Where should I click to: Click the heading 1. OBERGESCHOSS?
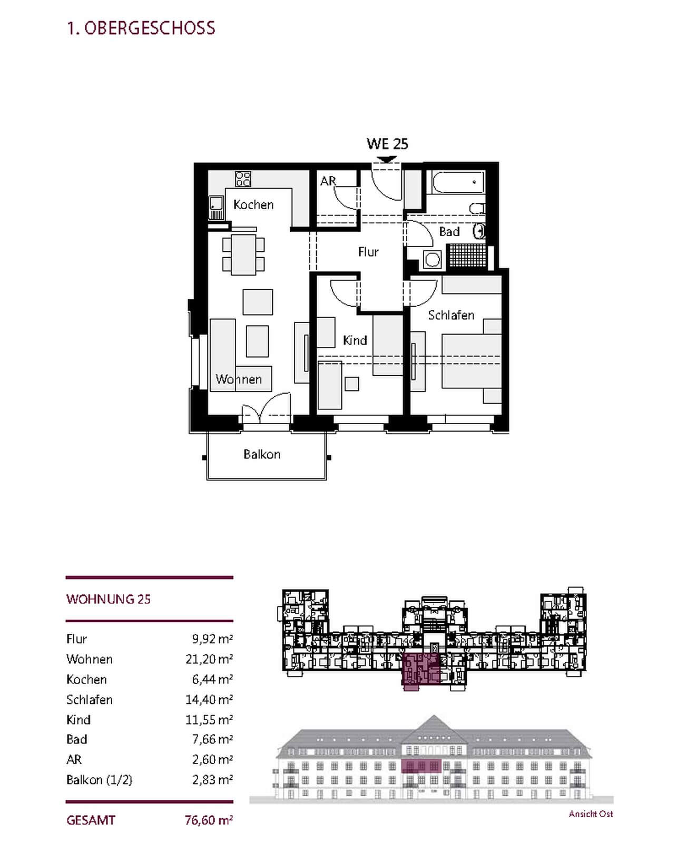141,28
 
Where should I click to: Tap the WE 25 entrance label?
387,144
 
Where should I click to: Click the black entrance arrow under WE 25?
387,159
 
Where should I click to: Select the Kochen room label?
253,204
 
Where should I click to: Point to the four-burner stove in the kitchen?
243,179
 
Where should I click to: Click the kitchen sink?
216,208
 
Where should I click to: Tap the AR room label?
328,181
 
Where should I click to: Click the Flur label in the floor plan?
368,252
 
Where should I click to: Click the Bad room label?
449,232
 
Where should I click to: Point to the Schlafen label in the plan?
451,315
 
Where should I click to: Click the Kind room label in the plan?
355,340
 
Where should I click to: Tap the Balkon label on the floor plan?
262,454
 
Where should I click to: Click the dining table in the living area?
243,255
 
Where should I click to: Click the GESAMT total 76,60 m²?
209,820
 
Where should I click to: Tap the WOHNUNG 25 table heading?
109,599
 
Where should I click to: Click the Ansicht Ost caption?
591,814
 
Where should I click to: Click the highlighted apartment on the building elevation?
421,766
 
